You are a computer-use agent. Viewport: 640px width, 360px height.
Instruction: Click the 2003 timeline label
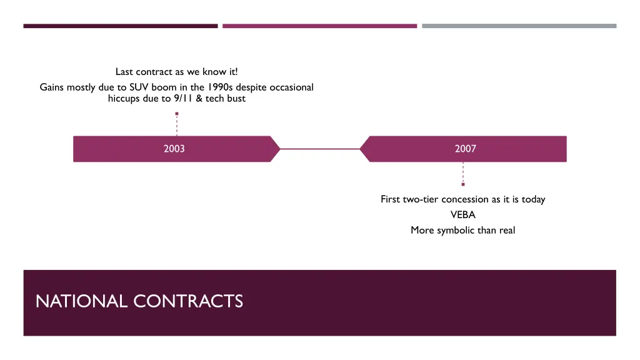click(174, 149)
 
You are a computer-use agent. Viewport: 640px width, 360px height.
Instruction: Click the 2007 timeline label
click(465, 149)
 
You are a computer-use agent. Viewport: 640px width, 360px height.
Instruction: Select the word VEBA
click(462, 214)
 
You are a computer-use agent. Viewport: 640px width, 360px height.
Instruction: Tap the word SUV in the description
click(139, 87)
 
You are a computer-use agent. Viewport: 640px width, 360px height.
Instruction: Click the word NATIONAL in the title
click(82, 301)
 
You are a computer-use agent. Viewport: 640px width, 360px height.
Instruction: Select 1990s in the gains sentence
click(221, 87)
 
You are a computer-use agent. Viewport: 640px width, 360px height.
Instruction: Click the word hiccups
click(124, 98)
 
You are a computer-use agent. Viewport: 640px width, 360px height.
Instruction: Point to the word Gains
click(52, 87)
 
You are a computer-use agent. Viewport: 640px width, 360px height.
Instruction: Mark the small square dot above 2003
click(177, 114)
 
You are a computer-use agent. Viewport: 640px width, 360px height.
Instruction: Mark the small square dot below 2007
click(463, 184)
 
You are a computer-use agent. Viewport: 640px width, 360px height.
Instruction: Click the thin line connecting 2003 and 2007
click(319, 149)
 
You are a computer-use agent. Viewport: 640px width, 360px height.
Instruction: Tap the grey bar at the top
click(519, 26)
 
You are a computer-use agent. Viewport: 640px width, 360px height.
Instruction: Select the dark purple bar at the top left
click(121, 26)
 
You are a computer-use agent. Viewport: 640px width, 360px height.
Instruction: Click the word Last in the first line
click(124, 72)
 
